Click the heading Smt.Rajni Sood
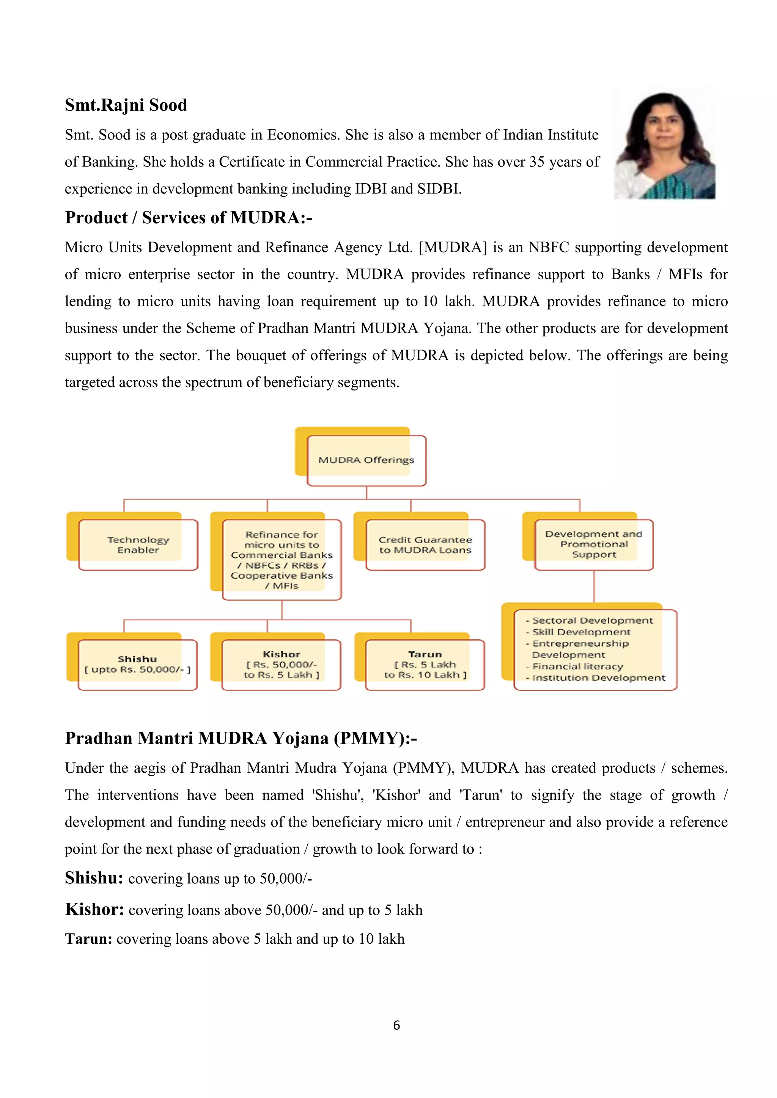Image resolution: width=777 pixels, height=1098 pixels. [126, 105]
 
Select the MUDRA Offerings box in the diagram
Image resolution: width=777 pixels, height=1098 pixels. [366, 460]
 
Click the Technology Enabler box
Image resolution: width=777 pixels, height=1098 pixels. [138, 545]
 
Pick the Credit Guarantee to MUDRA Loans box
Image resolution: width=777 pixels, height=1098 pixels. [425, 545]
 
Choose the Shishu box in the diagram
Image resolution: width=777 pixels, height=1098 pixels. [137, 664]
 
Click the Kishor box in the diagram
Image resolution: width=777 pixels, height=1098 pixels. [282, 664]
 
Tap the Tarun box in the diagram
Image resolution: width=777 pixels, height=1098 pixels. [425, 664]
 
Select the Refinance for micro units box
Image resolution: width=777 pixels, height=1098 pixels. [282, 560]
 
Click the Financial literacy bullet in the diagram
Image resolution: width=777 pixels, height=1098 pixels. [577, 666]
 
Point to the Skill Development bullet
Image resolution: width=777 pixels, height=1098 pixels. [581, 632]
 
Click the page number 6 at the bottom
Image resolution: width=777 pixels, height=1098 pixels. [396, 1025]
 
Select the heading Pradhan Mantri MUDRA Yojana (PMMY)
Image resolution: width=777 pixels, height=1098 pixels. [241, 738]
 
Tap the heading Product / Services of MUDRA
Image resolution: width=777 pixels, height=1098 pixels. [189, 218]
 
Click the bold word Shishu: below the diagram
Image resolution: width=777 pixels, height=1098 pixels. [94, 878]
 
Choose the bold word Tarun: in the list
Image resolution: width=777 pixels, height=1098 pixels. [88, 939]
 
